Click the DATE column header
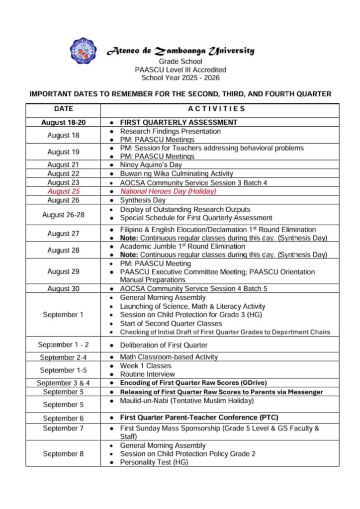tap(63, 108)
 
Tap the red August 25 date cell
tap(63, 191)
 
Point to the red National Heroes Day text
tap(168, 191)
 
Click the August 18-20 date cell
tap(63, 122)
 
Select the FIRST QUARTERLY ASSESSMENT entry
tap(178, 122)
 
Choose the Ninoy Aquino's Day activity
tap(151, 165)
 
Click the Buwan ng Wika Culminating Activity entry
tap(176, 173)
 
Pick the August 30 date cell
tap(63, 288)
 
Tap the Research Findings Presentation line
tap(170, 131)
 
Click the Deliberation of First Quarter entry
tap(164, 345)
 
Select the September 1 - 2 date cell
tap(63, 345)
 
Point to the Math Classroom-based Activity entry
tap(169, 357)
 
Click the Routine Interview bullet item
tap(147, 374)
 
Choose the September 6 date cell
tap(63, 418)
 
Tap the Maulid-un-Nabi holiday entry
tap(186, 401)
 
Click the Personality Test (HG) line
tap(154, 462)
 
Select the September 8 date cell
tap(63, 454)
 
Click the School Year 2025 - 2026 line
tap(180, 78)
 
